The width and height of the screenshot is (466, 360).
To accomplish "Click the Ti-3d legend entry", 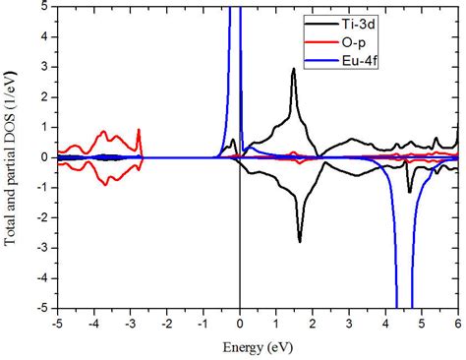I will point(396,21).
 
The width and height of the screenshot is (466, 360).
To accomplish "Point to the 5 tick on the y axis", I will point(46,7).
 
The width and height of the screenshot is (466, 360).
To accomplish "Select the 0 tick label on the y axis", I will point(46,157).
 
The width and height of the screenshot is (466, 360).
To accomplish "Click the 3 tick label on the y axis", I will point(46,67).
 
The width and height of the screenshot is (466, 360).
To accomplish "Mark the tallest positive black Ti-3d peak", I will point(293,69).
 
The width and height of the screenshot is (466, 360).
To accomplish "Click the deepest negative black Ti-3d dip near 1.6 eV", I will point(300,241).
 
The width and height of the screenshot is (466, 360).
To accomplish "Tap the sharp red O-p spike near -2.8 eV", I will point(139,130).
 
